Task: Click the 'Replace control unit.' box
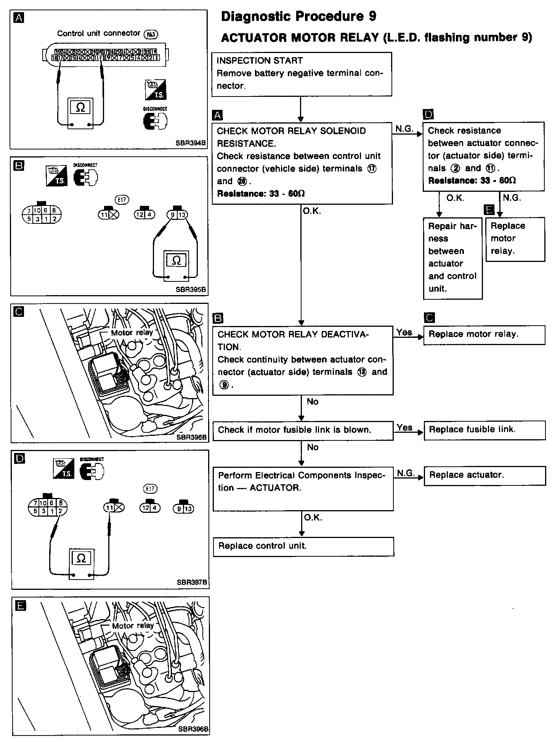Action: point(303,546)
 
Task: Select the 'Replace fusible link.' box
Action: point(484,430)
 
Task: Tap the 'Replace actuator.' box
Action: point(484,475)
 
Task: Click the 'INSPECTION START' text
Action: point(260,61)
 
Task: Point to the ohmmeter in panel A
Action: point(80,113)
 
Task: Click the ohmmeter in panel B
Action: point(176,265)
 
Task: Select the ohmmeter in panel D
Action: point(81,564)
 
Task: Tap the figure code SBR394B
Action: point(191,143)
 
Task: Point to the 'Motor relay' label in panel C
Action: point(132,332)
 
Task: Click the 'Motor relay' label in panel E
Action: point(133,626)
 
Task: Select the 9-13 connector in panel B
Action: point(177,215)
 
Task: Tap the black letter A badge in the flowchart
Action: point(217,115)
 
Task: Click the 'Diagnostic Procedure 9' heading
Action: point(298,16)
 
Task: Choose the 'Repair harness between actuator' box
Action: point(452,258)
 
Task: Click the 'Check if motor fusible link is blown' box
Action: point(303,430)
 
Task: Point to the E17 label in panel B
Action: point(122,199)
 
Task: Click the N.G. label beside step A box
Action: point(404,129)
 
